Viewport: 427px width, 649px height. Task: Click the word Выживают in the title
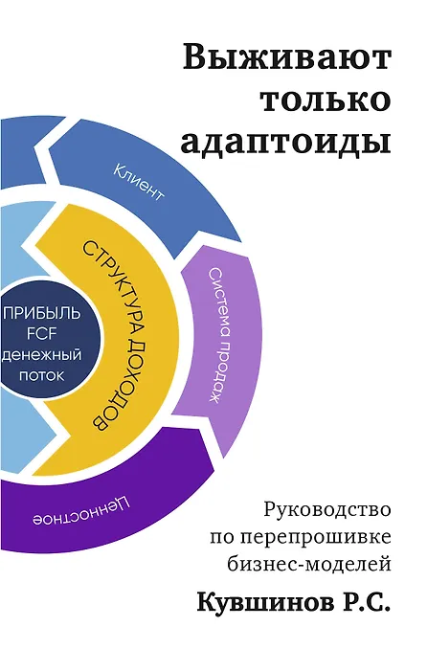tap(287, 57)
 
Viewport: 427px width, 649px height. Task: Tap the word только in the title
tap(326, 100)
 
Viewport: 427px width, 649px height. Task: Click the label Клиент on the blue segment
tap(139, 183)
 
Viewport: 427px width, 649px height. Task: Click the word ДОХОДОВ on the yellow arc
tap(124, 387)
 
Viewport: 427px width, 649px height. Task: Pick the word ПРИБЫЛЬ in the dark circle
tap(41, 313)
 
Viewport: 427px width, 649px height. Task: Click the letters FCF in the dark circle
tap(41, 334)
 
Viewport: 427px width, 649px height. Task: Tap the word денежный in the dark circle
tap(41, 355)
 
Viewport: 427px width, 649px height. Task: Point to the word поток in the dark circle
tap(42, 375)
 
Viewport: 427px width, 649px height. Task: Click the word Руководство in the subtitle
tap(328, 510)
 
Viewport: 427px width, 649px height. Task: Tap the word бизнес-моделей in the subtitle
tap(309, 564)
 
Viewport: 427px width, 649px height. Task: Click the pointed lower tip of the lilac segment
tap(224, 458)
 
